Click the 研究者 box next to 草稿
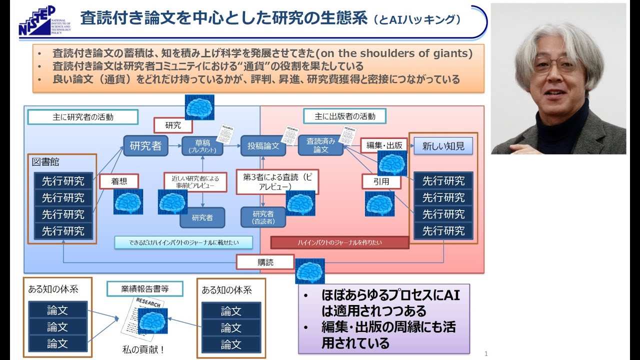tap(145, 146)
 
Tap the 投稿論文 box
tap(263, 146)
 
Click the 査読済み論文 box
tap(320, 145)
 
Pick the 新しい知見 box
tap(443, 146)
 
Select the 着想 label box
tap(118, 181)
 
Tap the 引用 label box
tap(381, 181)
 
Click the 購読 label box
tap(265, 262)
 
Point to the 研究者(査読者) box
tap(263, 217)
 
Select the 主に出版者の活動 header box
tap(345, 116)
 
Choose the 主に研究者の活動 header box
tap(83, 117)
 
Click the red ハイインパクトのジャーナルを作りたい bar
tap(339, 242)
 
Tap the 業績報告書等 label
tap(144, 288)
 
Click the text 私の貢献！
tap(143, 349)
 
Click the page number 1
tap(485, 353)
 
